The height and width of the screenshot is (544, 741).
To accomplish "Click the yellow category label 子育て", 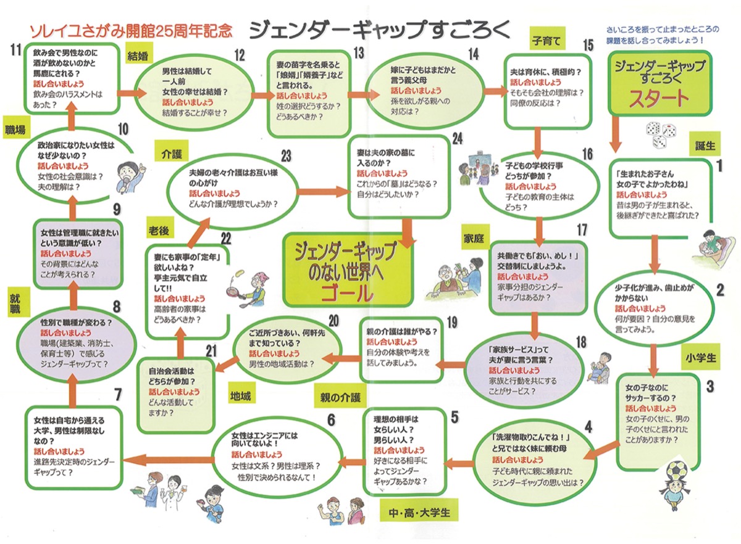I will tap(546, 42).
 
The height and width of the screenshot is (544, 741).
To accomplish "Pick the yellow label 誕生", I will tap(705, 146).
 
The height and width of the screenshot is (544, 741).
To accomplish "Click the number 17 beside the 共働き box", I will tap(580, 230).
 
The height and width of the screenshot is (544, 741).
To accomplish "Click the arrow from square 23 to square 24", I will tap(320, 191).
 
